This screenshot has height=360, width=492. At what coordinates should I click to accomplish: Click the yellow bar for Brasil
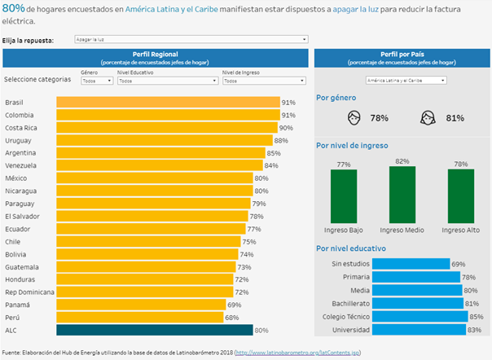coord(168,103)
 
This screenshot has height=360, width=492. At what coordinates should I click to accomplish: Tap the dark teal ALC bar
coord(155,330)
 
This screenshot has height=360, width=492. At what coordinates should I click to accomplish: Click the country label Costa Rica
coord(23,127)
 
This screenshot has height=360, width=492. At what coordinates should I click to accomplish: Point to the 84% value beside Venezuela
coord(270,165)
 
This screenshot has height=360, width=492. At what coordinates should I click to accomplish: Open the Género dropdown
coord(97,81)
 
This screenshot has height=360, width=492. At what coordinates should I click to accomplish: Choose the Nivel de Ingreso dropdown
coord(264,81)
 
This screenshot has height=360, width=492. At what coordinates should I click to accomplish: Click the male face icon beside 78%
coord(354,118)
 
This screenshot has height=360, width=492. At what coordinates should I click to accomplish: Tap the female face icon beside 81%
coord(427,118)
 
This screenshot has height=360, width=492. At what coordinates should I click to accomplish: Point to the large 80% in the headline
coord(13,7)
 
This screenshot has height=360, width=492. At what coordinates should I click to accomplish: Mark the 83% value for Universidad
coord(473,330)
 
